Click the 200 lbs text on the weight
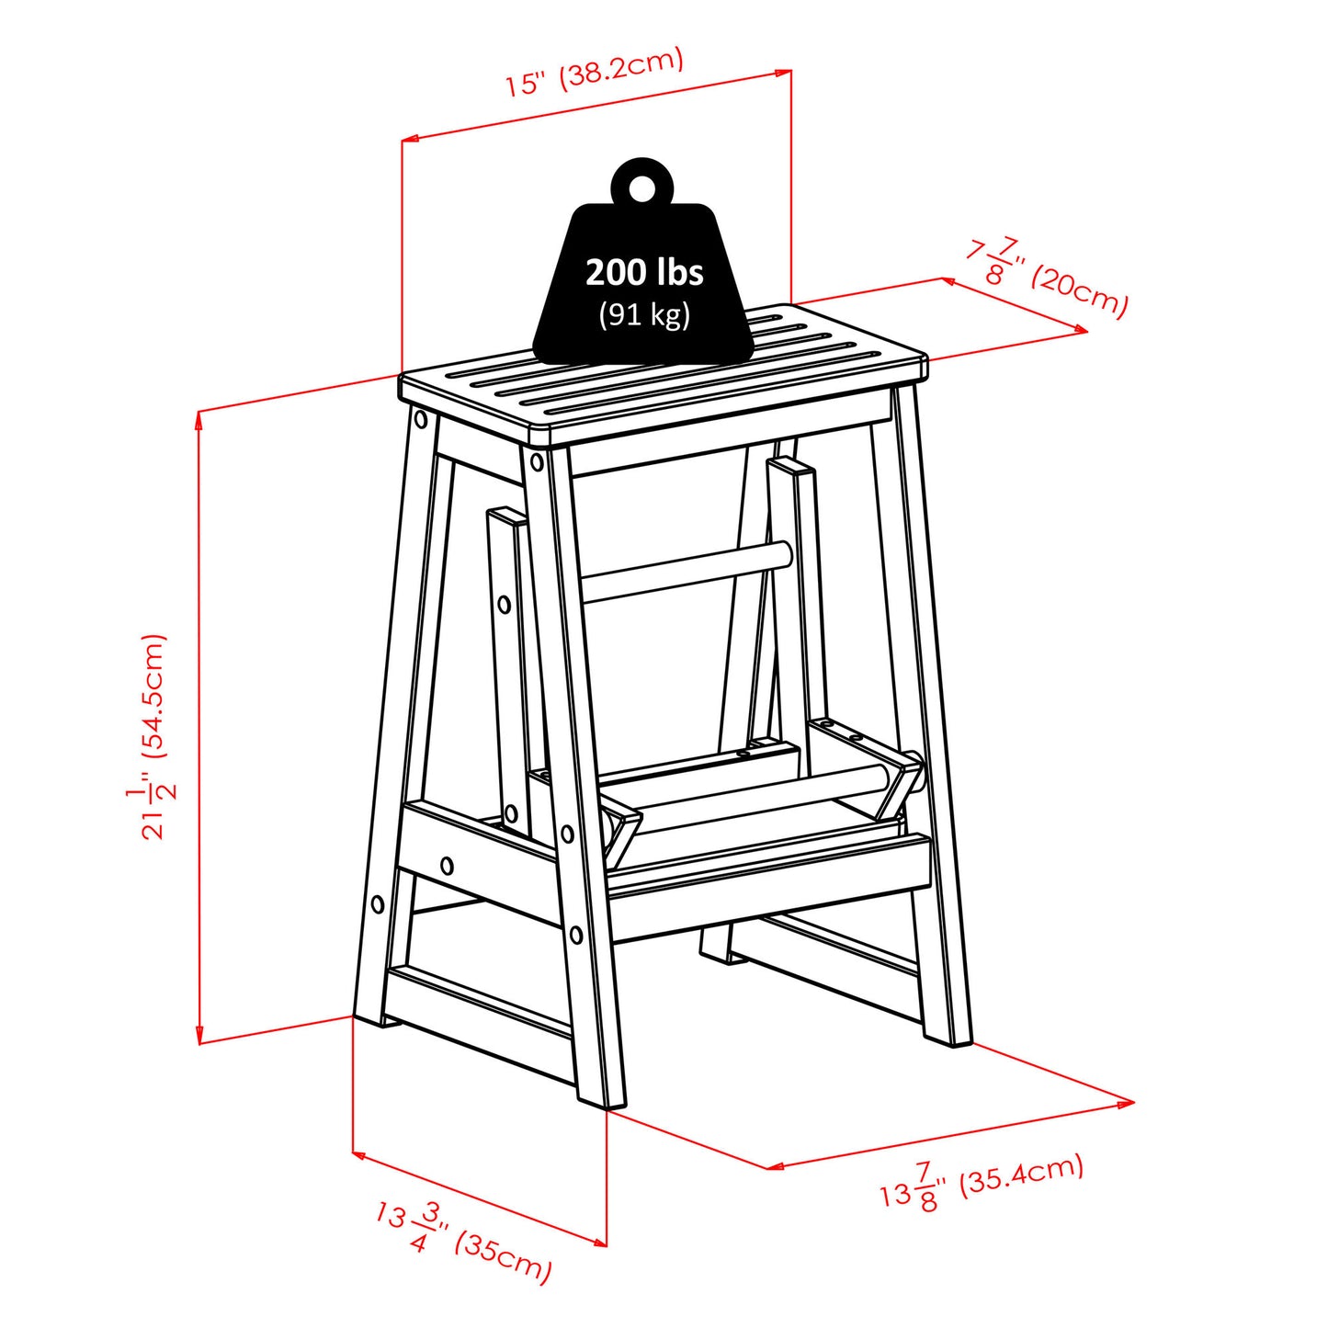tap(644, 272)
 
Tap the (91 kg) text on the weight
tap(644, 314)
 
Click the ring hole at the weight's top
tap(642, 187)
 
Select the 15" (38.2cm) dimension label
tap(595, 72)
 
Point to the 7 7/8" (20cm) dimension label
tap(1046, 277)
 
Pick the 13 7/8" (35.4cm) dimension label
tap(982, 1184)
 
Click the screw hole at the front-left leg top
tap(421, 420)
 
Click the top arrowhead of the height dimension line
tap(199, 416)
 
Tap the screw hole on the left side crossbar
tap(447, 865)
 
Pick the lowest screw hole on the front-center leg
tap(575, 936)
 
